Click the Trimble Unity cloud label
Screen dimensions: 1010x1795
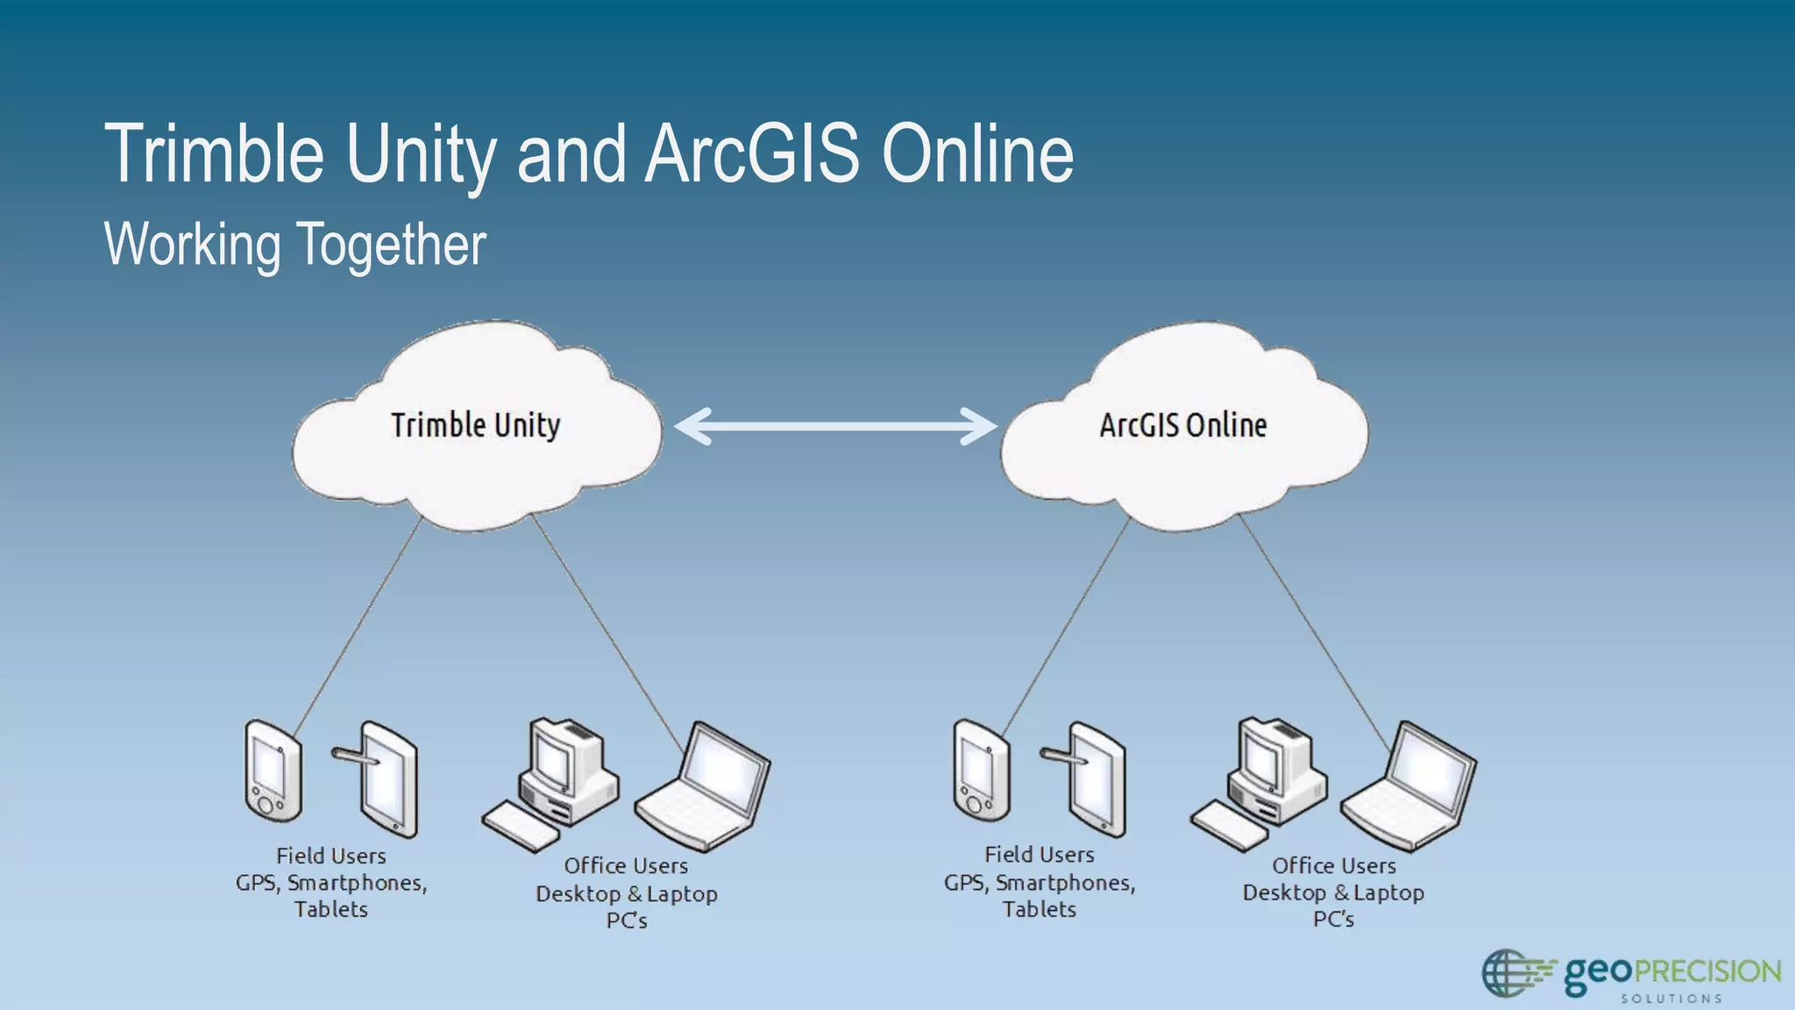[x=475, y=425]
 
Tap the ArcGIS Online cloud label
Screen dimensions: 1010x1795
[x=1183, y=425]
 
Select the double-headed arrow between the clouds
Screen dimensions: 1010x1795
[x=835, y=426]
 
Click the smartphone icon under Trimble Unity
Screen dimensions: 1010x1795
[x=273, y=770]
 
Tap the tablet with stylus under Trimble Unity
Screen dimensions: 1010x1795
[x=386, y=779]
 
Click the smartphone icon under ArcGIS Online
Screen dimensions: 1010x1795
[x=982, y=770]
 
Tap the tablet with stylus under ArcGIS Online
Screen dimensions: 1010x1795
[x=1094, y=779]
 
